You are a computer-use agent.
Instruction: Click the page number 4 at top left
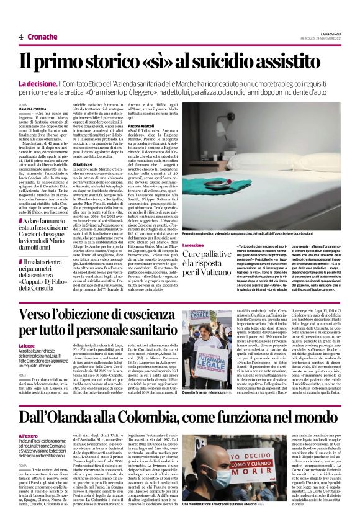(x=20, y=37)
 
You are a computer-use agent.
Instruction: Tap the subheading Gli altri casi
(x=84, y=164)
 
